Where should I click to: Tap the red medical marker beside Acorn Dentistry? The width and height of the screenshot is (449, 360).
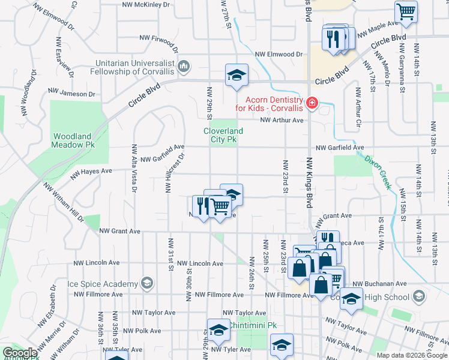click(312, 104)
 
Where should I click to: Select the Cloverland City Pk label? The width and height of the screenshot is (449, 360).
click(223, 135)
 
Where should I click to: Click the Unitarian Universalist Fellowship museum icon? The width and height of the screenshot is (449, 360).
click(184, 65)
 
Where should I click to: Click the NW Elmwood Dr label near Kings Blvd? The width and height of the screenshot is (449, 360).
click(279, 54)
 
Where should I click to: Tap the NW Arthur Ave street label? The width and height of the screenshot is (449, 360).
click(282, 120)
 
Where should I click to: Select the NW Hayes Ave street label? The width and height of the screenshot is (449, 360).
click(91, 173)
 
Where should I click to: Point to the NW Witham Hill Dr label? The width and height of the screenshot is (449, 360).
click(63, 202)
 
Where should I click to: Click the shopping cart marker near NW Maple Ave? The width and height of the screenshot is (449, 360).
click(406, 11)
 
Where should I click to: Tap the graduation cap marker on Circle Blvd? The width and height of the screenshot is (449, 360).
click(237, 75)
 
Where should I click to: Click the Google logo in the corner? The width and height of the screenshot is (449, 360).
click(19, 353)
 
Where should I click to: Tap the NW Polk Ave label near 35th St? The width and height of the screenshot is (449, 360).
click(142, 331)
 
